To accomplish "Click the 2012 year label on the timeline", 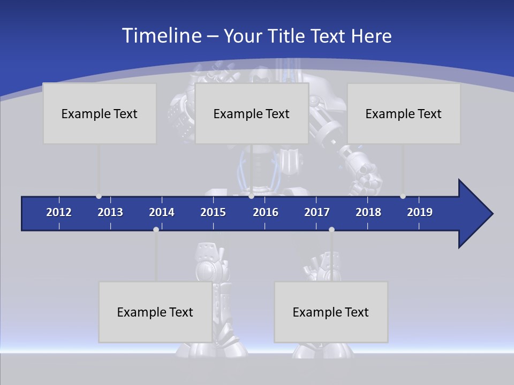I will click(59, 212).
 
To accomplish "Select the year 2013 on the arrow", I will click(110, 212).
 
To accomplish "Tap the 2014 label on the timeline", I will click(162, 212).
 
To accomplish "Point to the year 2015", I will click(213, 212).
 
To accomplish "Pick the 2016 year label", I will click(266, 212).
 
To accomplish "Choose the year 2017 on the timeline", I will click(317, 212).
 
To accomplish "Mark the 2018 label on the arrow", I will click(368, 212).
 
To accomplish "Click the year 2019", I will click(420, 212).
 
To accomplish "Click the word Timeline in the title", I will click(161, 36).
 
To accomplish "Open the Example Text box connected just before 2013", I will click(100, 113).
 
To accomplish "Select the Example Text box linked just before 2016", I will click(252, 113).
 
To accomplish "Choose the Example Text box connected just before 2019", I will click(404, 113).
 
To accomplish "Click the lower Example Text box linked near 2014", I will click(155, 312).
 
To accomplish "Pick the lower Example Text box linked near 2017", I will click(331, 312).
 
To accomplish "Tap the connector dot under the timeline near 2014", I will click(156, 229).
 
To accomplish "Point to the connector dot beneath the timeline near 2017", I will click(331, 229).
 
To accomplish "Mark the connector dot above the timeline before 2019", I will click(403, 196).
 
